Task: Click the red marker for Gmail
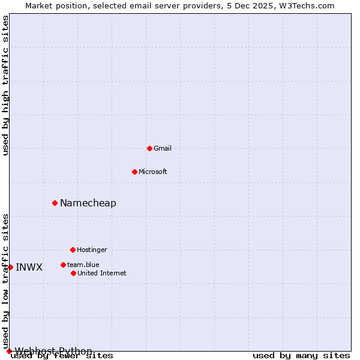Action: pos(149,148)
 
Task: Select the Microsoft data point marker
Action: pos(134,172)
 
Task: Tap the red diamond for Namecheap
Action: pos(55,203)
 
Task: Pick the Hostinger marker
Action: pos(73,250)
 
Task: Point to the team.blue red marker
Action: pos(63,265)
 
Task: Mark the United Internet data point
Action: pos(73,273)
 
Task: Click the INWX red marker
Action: pos(10,268)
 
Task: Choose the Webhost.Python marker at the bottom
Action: pos(9,351)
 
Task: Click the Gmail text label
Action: pos(163,148)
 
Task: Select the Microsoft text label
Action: pos(153,172)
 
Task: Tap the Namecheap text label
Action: pos(88,203)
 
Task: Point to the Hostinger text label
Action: pos(92,250)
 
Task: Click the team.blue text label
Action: pos(83,265)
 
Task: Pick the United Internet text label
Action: pos(102,273)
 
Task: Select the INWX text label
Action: pos(29,268)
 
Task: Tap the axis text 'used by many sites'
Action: pos(301,356)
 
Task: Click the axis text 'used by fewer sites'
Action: pos(62,356)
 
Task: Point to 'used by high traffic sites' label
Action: pos(5,85)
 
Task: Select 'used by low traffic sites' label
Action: pos(5,281)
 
